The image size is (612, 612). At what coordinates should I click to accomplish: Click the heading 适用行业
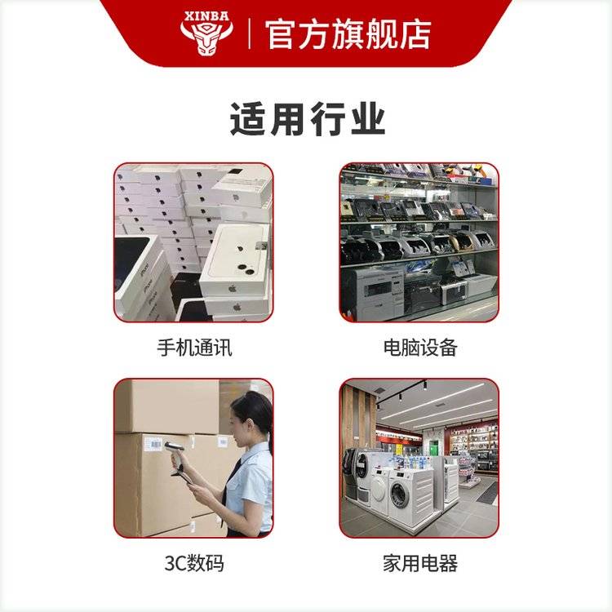point(308,119)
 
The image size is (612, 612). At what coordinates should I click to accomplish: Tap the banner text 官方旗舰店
point(348,35)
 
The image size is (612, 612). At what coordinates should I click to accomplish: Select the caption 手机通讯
point(194,348)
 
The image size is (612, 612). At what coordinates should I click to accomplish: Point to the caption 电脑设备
point(420,348)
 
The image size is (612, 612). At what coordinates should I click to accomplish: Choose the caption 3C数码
point(194,563)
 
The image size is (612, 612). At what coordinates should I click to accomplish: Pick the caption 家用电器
point(420,563)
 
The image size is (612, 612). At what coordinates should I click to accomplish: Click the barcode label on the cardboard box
point(153,443)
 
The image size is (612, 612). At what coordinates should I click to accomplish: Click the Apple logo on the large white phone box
point(233,289)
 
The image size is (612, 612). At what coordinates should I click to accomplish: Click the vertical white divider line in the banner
point(250,34)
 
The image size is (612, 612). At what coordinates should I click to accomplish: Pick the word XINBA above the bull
point(206,16)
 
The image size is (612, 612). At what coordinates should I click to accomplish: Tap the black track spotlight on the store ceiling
point(424,386)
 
